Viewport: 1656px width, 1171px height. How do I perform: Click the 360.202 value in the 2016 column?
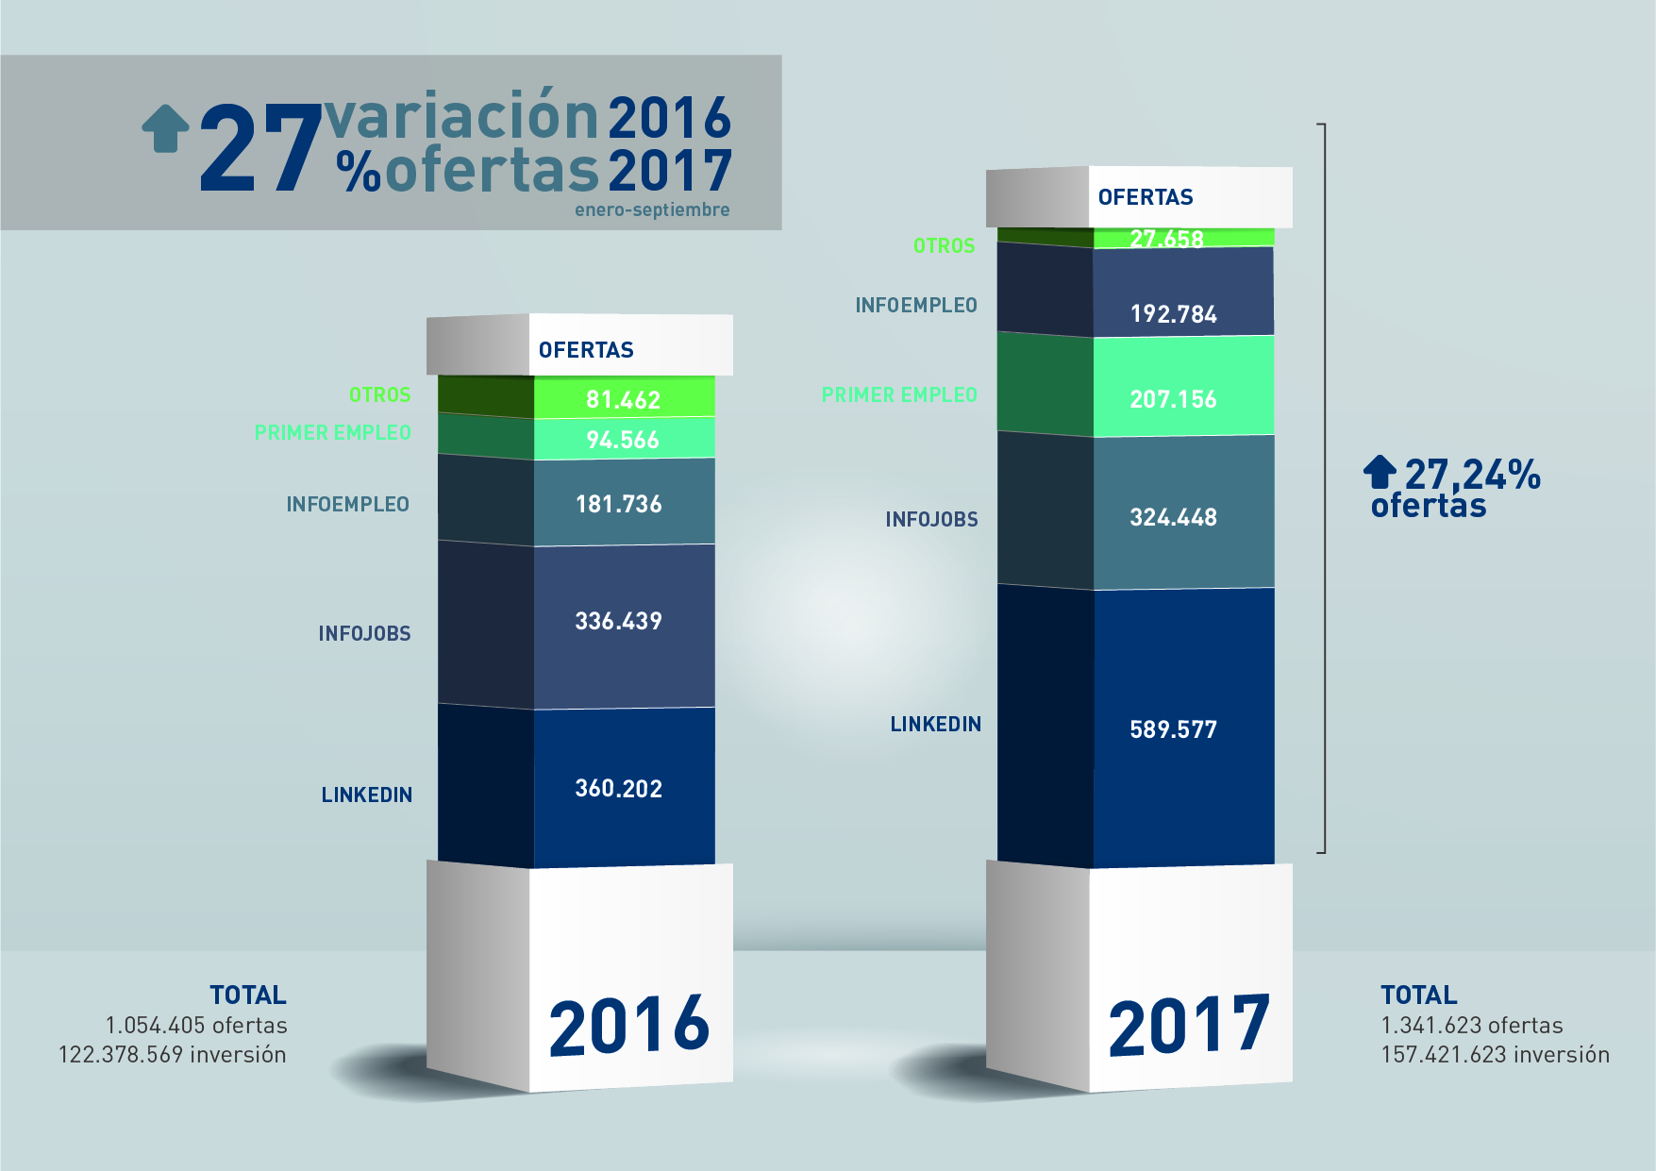coord(619,789)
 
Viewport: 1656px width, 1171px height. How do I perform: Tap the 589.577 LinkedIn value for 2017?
coord(1173,729)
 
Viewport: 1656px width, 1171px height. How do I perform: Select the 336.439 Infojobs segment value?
coord(619,621)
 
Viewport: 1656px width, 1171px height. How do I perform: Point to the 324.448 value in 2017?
coord(1173,517)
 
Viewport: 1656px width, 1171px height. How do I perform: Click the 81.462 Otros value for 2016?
coord(623,400)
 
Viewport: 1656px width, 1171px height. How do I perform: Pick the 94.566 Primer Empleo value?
coord(623,440)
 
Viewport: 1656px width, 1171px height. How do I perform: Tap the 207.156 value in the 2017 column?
coord(1173,399)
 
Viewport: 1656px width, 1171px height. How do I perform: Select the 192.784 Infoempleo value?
coord(1173,314)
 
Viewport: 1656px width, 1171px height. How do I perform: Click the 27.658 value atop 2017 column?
coord(1167,239)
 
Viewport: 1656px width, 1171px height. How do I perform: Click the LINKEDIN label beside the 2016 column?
coord(366,795)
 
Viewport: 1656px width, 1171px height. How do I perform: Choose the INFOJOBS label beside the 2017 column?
coord(931,520)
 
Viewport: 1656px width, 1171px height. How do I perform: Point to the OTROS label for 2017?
coord(944,246)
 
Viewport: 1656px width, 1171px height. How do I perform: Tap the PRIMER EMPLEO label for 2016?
coord(332,433)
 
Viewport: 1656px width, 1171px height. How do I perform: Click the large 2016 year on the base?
coord(628,1026)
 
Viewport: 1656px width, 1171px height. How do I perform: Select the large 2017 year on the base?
coord(1189,1026)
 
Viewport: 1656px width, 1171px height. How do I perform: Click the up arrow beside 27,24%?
coord(1380,472)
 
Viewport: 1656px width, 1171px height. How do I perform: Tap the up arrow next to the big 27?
coord(166,127)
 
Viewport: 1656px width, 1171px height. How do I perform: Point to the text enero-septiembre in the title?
coord(652,210)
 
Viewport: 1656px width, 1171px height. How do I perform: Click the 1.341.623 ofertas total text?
coord(1471,1026)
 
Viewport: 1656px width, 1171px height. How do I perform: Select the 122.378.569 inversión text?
coord(172,1055)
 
